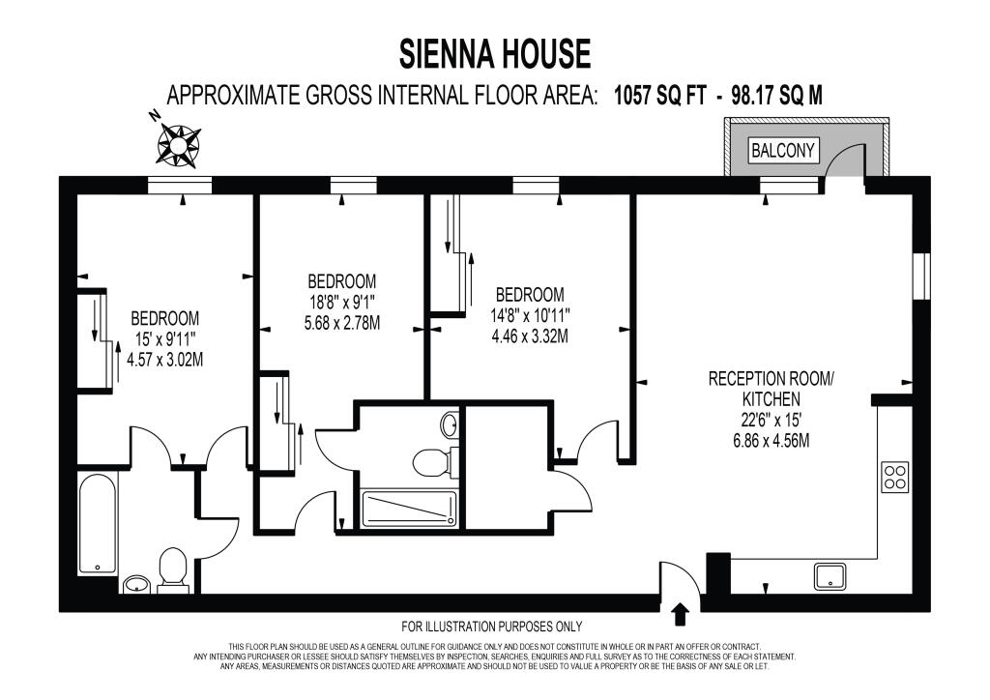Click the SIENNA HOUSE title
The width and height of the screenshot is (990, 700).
tap(495, 53)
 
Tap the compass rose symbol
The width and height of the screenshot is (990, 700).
tap(178, 146)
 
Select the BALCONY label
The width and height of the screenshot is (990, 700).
tap(783, 151)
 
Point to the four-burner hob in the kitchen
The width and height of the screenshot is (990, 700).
tap(895, 478)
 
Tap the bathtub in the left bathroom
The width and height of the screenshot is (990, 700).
tap(98, 523)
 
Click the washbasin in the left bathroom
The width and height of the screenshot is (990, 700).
tap(135, 585)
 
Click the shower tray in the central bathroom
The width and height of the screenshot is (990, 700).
tap(409, 510)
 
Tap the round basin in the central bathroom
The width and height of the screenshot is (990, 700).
tap(451, 424)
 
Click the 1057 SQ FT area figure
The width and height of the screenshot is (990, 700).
tap(659, 96)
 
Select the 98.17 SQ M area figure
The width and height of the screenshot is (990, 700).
tap(776, 96)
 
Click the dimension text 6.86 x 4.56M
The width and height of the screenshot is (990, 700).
tap(771, 440)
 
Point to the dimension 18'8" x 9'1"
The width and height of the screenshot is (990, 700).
tap(341, 303)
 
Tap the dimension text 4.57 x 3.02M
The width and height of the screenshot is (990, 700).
tap(164, 360)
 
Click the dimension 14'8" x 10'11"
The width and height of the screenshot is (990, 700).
tap(531, 315)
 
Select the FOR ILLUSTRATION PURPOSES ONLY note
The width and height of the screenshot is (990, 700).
tap(492, 627)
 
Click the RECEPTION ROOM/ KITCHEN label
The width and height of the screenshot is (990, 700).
tap(771, 389)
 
